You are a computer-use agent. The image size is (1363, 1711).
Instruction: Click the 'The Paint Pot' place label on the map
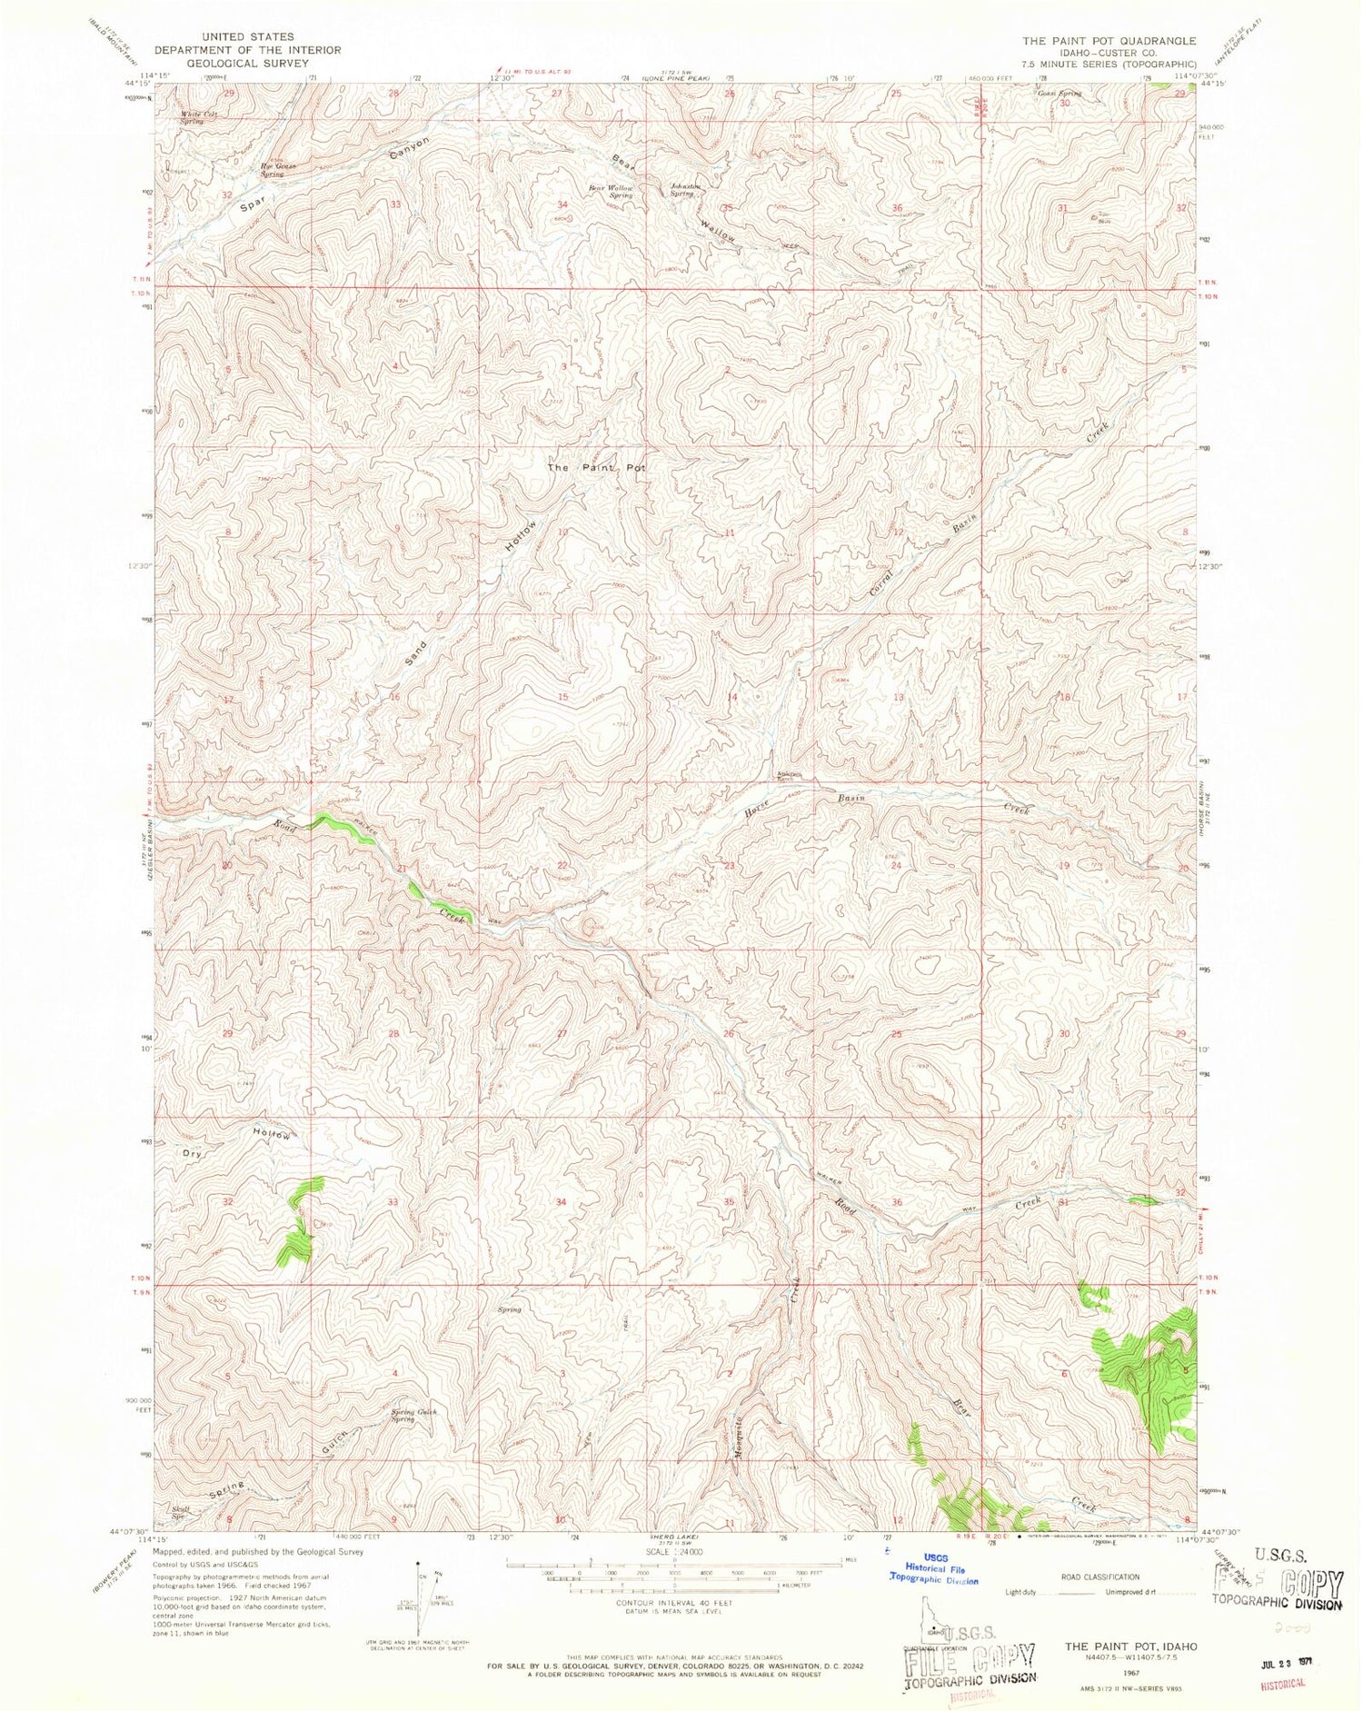(595, 467)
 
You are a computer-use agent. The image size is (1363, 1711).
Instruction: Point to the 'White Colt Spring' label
(199, 116)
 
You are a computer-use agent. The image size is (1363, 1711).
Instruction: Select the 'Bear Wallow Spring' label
(610, 191)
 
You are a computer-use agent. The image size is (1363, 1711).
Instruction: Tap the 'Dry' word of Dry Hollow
(191, 1152)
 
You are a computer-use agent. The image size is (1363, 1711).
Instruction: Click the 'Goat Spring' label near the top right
(1059, 93)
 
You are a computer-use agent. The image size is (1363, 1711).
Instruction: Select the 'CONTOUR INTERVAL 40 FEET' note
(673, 1603)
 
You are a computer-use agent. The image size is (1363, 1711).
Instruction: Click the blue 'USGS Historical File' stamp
(936, 1569)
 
